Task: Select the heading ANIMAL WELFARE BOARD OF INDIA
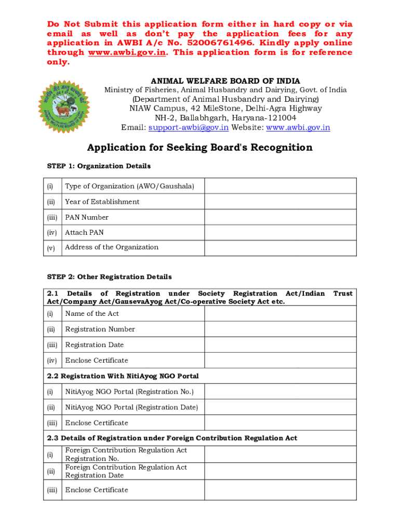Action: click(x=225, y=81)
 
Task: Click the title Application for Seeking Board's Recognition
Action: click(x=199, y=148)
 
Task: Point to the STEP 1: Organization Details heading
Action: click(x=99, y=166)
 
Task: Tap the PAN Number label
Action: click(x=87, y=217)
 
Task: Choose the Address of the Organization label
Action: click(x=112, y=247)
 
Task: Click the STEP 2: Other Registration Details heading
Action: click(x=109, y=277)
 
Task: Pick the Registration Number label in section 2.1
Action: click(x=100, y=329)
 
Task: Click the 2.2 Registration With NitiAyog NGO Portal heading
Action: click(x=123, y=376)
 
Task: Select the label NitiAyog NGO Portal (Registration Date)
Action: click(x=131, y=407)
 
